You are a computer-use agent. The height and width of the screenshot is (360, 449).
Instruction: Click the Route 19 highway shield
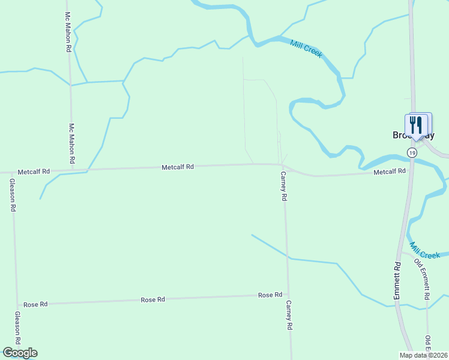[411, 153]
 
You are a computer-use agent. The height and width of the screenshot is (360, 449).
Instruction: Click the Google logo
[20, 353]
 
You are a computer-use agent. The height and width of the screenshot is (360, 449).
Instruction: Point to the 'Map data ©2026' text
[423, 355]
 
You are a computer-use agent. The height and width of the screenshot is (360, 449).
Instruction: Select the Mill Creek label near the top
[306, 49]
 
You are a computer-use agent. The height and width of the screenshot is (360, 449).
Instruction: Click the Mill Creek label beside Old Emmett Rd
[425, 251]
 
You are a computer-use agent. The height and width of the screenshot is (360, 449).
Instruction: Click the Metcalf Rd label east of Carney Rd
[390, 172]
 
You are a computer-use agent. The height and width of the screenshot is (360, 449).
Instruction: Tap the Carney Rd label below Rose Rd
[289, 315]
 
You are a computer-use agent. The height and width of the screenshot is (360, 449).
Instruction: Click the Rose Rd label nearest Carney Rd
[270, 295]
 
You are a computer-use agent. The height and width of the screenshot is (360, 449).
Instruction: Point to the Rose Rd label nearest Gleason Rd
[35, 304]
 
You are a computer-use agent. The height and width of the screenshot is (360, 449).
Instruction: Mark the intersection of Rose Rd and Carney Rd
[288, 295]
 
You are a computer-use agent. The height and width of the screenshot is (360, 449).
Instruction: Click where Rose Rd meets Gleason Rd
[16, 305]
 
